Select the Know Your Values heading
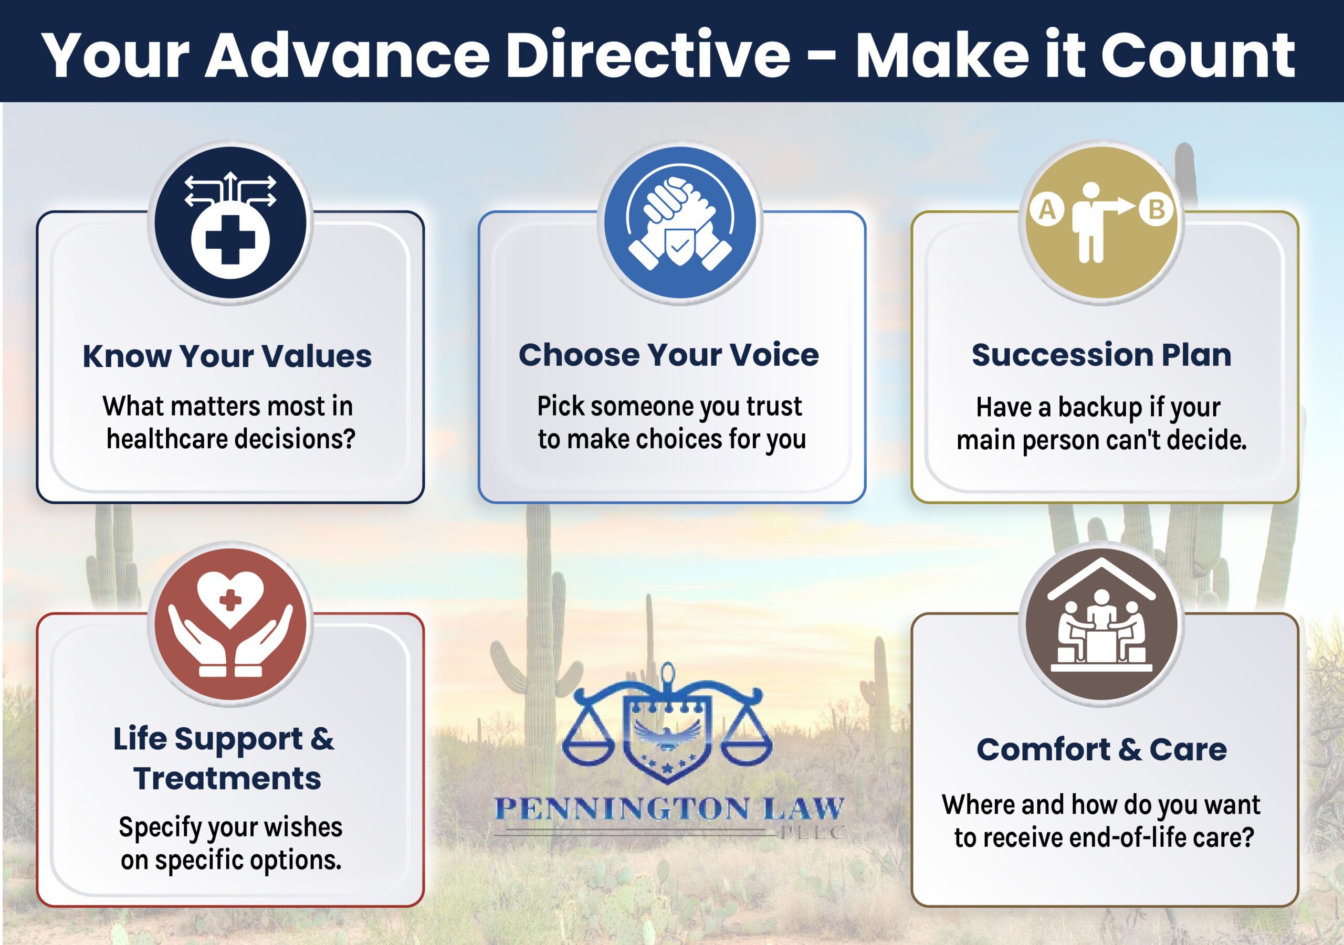[x=227, y=356]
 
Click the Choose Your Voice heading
[x=668, y=355]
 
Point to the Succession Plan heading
[x=1101, y=355]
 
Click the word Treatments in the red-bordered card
[x=227, y=778]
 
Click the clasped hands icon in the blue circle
[x=679, y=222]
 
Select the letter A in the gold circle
[x=1047, y=209]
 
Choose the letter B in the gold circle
[x=1157, y=209]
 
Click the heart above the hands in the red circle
[x=230, y=599]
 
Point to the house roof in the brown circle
[x=1101, y=579]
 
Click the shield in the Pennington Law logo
[x=667, y=740]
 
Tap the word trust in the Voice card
[x=774, y=406]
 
